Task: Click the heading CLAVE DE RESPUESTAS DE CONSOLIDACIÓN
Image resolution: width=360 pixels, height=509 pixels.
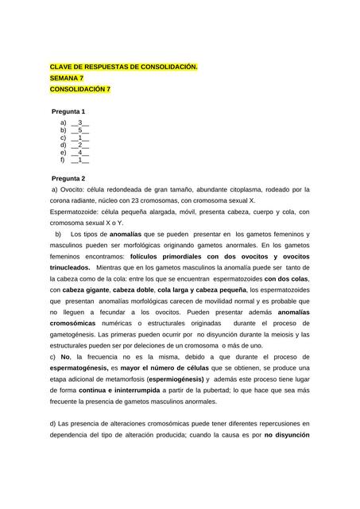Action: point(123,67)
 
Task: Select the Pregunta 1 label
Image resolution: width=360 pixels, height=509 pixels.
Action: point(68,111)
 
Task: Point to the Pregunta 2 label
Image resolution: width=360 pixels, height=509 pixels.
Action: point(68,179)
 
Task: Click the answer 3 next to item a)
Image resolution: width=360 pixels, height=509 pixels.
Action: point(80,124)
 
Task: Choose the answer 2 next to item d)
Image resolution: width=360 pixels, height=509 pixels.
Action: point(80,146)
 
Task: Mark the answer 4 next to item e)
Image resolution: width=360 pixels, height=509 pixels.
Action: point(80,153)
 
